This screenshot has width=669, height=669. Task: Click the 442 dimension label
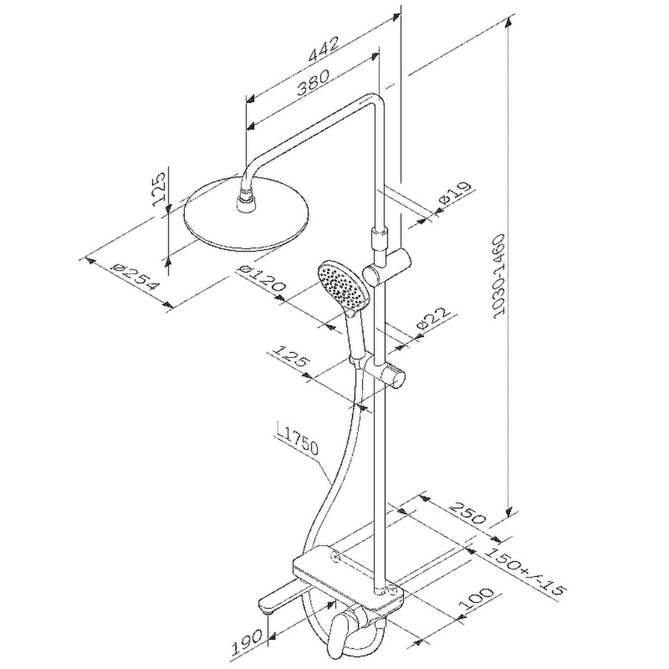[x=324, y=49]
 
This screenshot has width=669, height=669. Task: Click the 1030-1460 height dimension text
[x=498, y=276]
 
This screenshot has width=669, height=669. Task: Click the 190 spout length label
[x=246, y=642]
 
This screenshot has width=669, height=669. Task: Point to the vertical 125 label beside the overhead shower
[x=158, y=189]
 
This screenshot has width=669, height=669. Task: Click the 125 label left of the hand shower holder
[x=289, y=356]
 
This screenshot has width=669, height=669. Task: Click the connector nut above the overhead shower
[x=245, y=201]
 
